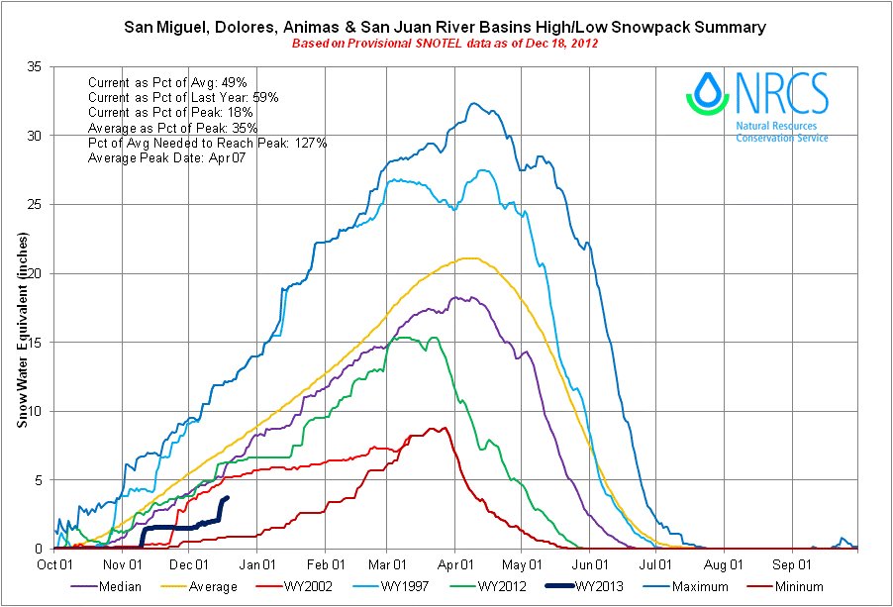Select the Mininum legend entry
point(807,586)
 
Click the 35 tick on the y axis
point(40,67)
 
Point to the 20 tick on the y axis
point(40,273)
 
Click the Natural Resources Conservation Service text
point(781,133)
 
